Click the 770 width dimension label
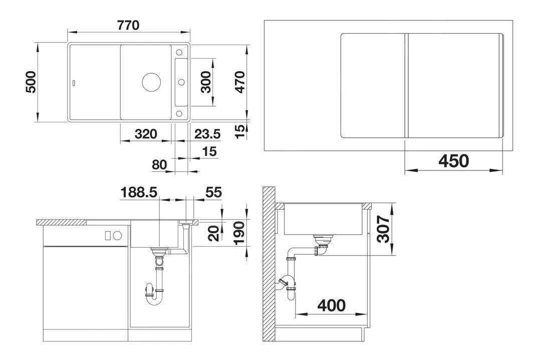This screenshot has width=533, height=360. (129, 25)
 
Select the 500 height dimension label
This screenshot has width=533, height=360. (31, 82)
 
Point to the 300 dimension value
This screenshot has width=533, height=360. (206, 82)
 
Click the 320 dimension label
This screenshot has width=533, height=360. (146, 134)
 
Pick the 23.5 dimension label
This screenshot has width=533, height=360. (207, 134)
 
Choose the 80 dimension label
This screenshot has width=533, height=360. (159, 164)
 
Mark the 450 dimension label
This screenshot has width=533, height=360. (453, 161)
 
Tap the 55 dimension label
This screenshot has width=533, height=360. (213, 192)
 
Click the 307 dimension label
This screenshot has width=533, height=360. (383, 229)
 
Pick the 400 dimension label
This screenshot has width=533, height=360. (331, 305)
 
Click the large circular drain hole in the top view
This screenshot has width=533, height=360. (150, 82)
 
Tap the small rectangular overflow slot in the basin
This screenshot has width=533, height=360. (75, 82)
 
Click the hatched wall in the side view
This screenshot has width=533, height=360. (270, 261)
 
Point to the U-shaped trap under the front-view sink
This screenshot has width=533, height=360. (155, 293)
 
